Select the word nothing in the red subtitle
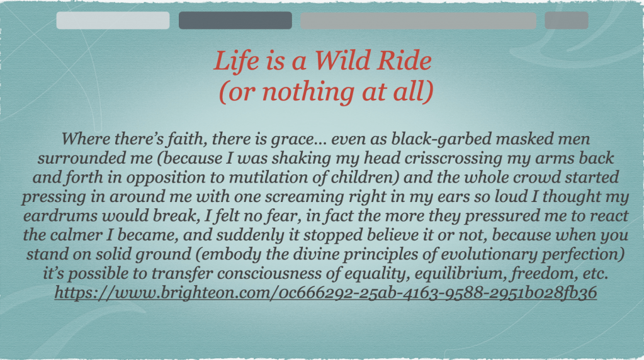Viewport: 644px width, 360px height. tap(308, 92)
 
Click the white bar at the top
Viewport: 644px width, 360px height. tap(113, 20)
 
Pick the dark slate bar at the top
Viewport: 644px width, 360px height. tap(235, 20)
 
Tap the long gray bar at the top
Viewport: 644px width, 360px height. tap(418, 20)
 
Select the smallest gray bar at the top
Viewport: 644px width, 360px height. tap(567, 20)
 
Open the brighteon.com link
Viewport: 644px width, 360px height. tap(325, 293)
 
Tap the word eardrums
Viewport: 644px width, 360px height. tap(60, 216)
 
